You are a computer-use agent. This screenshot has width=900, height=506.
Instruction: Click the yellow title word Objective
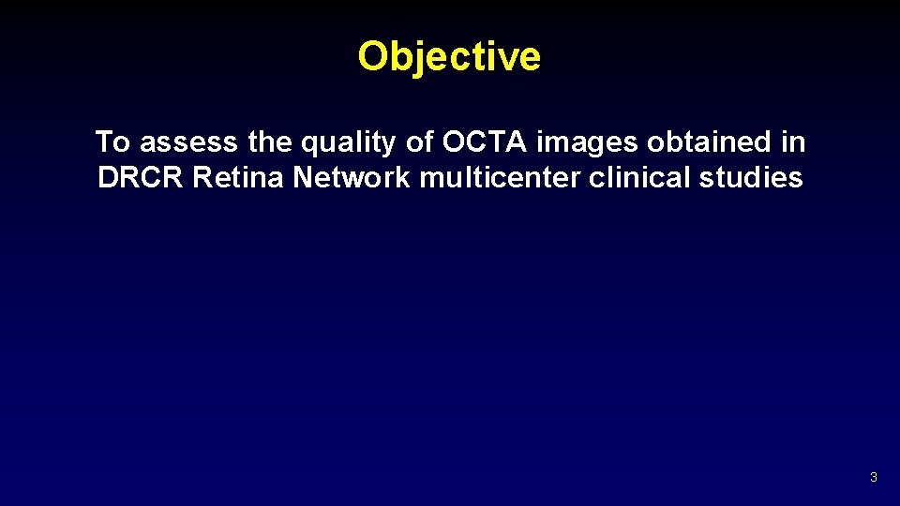point(449,57)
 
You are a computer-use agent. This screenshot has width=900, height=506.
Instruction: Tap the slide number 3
point(873,478)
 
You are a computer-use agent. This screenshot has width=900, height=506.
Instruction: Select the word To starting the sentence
point(112,142)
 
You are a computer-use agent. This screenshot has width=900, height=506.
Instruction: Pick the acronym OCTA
point(485,142)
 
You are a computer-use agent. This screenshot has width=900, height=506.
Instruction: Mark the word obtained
point(705,142)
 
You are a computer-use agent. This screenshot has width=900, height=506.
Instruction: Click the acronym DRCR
point(141,178)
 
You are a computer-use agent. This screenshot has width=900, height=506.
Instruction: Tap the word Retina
point(239,178)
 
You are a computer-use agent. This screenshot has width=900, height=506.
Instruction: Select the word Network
point(352,178)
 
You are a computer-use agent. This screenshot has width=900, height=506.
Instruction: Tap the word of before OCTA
point(420,142)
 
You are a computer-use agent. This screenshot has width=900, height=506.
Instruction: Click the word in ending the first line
point(793,142)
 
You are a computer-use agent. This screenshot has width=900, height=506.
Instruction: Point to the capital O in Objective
point(373,57)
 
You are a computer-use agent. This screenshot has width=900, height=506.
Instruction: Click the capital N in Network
point(303,178)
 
